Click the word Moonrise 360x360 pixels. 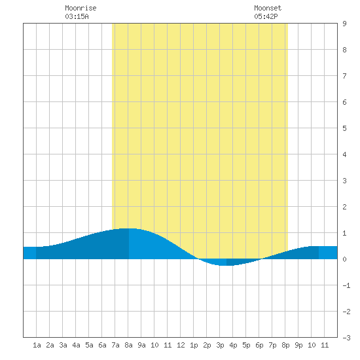click(81, 8)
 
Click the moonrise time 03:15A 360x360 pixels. click(77, 16)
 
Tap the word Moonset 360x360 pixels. click(268, 8)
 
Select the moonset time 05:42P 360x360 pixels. click(266, 16)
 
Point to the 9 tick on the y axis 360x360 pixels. click(344, 24)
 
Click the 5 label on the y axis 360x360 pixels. click(344, 128)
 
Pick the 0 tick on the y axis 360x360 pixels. click(344, 259)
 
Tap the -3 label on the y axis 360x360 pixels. click(346, 338)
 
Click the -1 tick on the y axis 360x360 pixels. click(346, 285)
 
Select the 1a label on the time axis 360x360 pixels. click(37, 345)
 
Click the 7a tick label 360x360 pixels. click(115, 345)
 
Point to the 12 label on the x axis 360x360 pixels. click(181, 345)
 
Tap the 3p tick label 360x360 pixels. click(220, 345)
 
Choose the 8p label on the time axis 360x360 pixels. click(285, 345)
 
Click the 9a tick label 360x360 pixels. click(141, 345)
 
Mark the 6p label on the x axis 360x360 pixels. click(259, 345)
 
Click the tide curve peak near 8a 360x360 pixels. click(128, 228)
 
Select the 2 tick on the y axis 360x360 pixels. click(344, 207)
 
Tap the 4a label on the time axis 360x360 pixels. click(76, 345)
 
